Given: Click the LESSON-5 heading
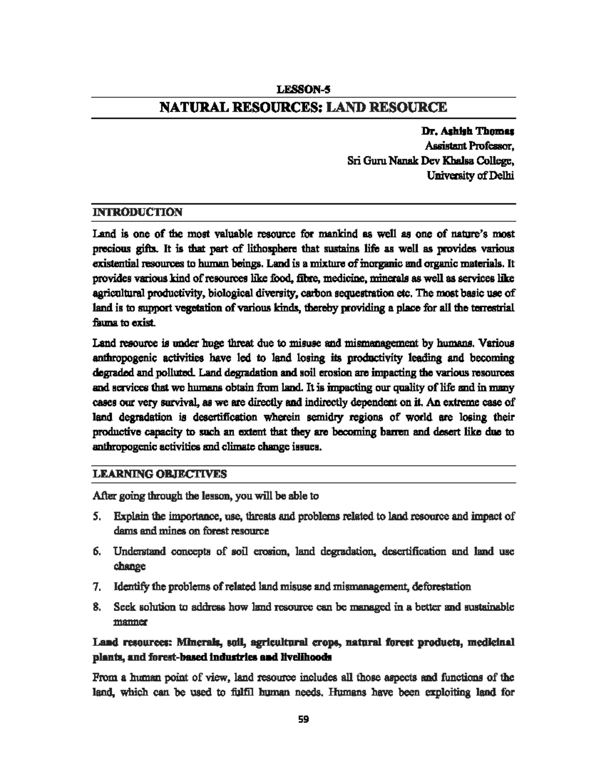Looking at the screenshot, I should (303, 90).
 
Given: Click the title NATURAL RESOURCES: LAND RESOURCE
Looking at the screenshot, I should (303, 108).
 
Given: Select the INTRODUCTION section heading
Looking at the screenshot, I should (137, 212).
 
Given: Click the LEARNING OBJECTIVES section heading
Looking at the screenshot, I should (160, 474).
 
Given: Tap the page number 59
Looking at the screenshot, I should (303, 719).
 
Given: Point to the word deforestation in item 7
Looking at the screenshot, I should (442, 587).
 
